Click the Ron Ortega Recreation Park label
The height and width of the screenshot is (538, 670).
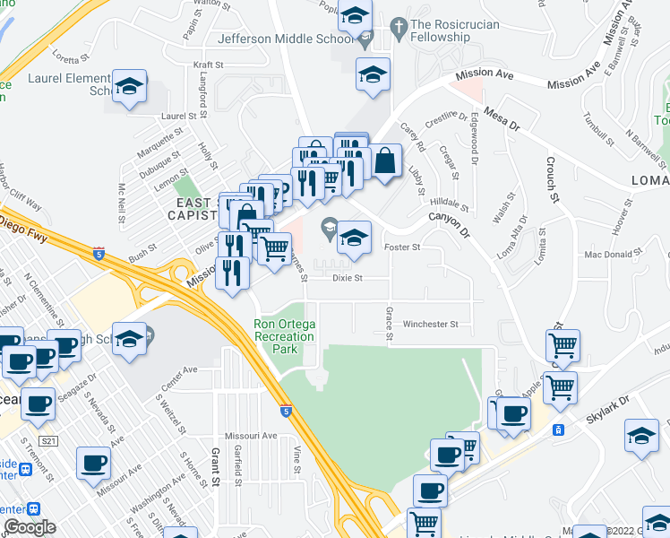tap(284, 336)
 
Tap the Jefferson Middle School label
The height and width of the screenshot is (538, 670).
tap(285, 39)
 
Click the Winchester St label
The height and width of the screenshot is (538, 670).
tap(431, 324)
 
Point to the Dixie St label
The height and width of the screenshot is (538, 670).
tap(347, 278)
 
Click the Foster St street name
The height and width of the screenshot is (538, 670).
tap(401, 247)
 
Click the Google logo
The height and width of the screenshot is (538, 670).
tap(30, 527)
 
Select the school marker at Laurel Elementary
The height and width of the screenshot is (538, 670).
tap(130, 87)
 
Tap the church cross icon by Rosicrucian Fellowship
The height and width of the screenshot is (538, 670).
tap(399, 25)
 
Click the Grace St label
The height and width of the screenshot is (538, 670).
tap(389, 323)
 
